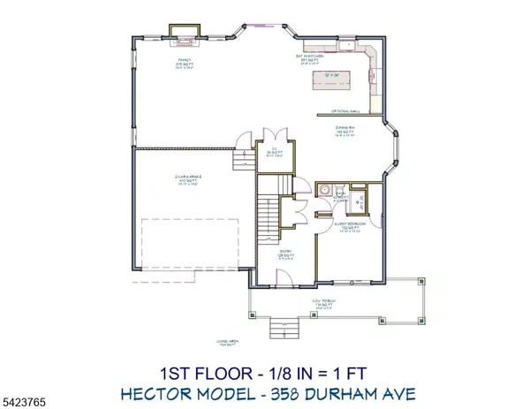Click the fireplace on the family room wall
point(184,38)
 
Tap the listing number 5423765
point(24,400)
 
